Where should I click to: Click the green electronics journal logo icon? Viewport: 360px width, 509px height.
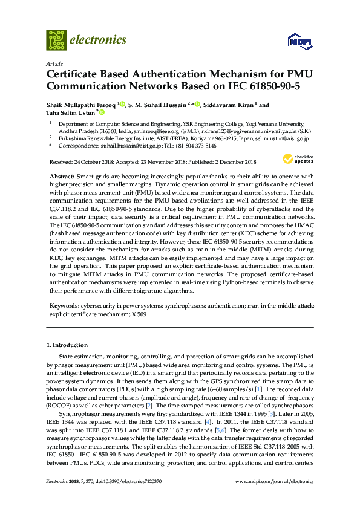tap(56, 40)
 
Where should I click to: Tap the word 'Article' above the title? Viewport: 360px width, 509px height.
tap(54, 63)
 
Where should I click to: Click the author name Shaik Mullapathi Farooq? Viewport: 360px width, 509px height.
tap(81, 104)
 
